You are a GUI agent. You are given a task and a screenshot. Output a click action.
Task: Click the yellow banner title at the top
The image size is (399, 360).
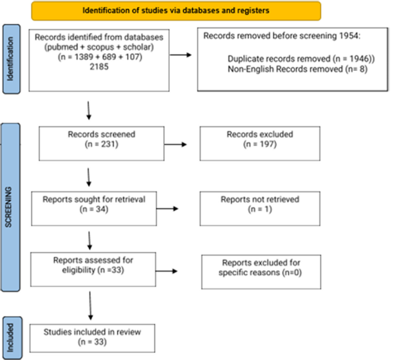pyautogui.click(x=176, y=11)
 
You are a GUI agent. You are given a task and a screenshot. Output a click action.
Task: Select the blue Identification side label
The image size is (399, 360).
pyautogui.click(x=12, y=59)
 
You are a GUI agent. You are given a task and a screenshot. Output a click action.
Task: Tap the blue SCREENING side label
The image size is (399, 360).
pyautogui.click(x=10, y=207)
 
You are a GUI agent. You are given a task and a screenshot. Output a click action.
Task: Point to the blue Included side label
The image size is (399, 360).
pyautogui.click(x=12, y=338)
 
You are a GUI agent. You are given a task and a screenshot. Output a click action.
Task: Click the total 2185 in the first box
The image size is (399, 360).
pyautogui.click(x=99, y=67)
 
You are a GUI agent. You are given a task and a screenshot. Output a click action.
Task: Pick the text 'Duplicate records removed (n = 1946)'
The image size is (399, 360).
pyautogui.click(x=301, y=59)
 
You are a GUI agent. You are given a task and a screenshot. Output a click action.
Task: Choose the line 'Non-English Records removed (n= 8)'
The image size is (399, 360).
pyautogui.click(x=297, y=69)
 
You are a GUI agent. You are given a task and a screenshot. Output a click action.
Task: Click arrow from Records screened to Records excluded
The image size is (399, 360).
pyautogui.click(x=176, y=144)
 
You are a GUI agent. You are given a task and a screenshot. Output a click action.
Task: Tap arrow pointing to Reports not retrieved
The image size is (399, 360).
pyautogui.click(x=167, y=209)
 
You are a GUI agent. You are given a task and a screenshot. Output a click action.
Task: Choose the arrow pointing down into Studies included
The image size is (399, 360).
pyautogui.click(x=90, y=306)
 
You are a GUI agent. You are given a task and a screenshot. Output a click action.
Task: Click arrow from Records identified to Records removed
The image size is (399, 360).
pyautogui.click(x=180, y=55)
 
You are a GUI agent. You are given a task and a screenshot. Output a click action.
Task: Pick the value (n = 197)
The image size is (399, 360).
pyautogui.click(x=260, y=144)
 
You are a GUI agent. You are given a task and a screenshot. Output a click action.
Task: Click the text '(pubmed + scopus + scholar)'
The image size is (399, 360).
pyautogui.click(x=99, y=47)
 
